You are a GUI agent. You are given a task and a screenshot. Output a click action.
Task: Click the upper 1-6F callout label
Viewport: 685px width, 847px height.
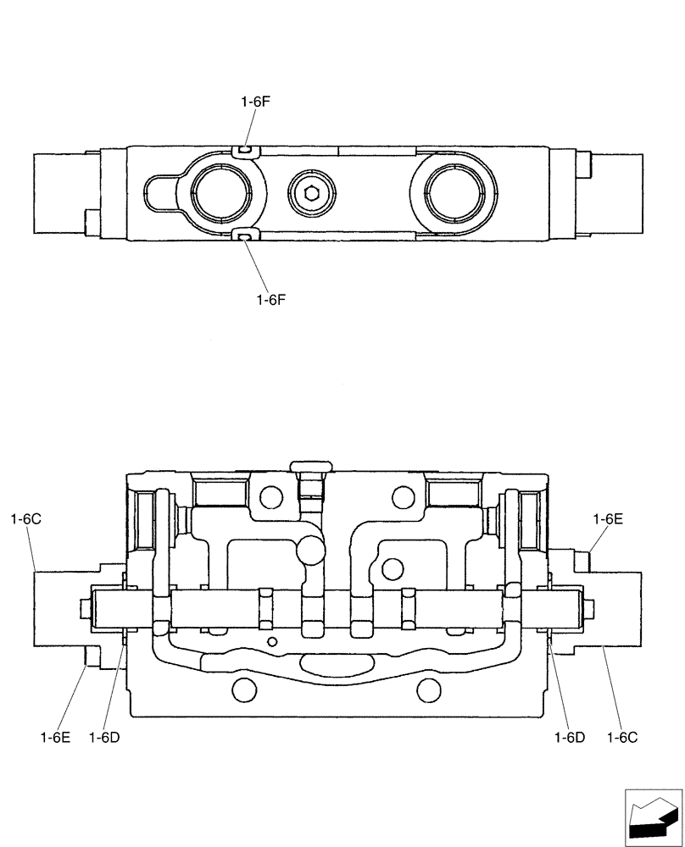255,101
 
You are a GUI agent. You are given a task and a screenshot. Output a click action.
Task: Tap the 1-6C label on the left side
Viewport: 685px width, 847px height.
26,518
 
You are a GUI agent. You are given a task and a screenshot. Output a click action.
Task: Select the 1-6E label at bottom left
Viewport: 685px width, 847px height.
55,737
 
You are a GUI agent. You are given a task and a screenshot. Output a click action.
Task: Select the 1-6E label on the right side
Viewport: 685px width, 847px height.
608,518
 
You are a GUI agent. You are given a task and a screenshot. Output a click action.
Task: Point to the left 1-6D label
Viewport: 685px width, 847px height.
103,737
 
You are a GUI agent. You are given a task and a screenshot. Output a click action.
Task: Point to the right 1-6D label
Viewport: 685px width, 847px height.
570,737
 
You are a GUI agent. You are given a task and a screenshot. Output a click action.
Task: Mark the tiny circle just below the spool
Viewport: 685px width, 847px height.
270,641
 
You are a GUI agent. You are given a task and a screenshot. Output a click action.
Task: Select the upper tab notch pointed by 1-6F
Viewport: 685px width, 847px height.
243,150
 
